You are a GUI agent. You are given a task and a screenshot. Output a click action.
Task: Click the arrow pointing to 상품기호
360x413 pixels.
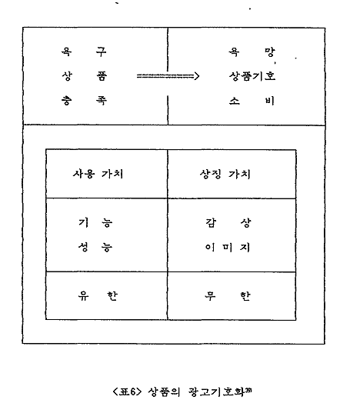tap(168, 76)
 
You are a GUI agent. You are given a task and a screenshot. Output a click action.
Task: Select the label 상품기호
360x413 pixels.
tap(252, 76)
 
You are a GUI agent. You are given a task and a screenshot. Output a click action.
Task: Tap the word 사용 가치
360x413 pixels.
tap(98, 174)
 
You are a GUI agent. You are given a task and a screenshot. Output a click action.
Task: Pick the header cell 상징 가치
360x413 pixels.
tap(225, 174)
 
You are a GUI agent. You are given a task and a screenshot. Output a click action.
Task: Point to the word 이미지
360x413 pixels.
tap(228, 248)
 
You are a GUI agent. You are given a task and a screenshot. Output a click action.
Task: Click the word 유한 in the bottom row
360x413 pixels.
tap(98, 296)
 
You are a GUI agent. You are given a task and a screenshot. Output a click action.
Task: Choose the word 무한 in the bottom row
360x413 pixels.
tap(228, 296)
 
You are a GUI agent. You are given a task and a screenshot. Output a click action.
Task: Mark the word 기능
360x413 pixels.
tap(95, 223)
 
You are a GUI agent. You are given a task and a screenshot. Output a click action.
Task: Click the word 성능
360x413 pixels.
tap(95, 248)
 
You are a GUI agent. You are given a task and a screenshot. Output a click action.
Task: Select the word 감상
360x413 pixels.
tap(228, 223)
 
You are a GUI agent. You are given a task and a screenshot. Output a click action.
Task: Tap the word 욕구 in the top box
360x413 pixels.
tap(84, 52)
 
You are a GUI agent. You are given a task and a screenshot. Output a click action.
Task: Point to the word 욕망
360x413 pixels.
tap(252, 52)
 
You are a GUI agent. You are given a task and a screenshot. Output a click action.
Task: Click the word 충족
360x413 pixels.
tap(84, 101)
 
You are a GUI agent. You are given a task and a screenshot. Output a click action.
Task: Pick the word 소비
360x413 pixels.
tap(252, 101)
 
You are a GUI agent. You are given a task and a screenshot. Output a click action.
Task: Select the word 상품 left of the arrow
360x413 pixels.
tap(85, 76)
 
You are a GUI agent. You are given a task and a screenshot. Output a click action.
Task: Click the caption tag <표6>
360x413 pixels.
tap(127, 392)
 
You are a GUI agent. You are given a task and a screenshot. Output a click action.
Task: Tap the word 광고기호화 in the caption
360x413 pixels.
tap(217, 392)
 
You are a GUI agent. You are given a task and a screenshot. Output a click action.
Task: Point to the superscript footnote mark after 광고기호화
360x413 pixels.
tap(248, 390)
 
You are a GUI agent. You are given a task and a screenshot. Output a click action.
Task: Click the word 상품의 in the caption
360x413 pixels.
tap(164, 392)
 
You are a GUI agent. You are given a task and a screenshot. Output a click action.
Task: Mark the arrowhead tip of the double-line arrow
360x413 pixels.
tap(199, 76)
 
